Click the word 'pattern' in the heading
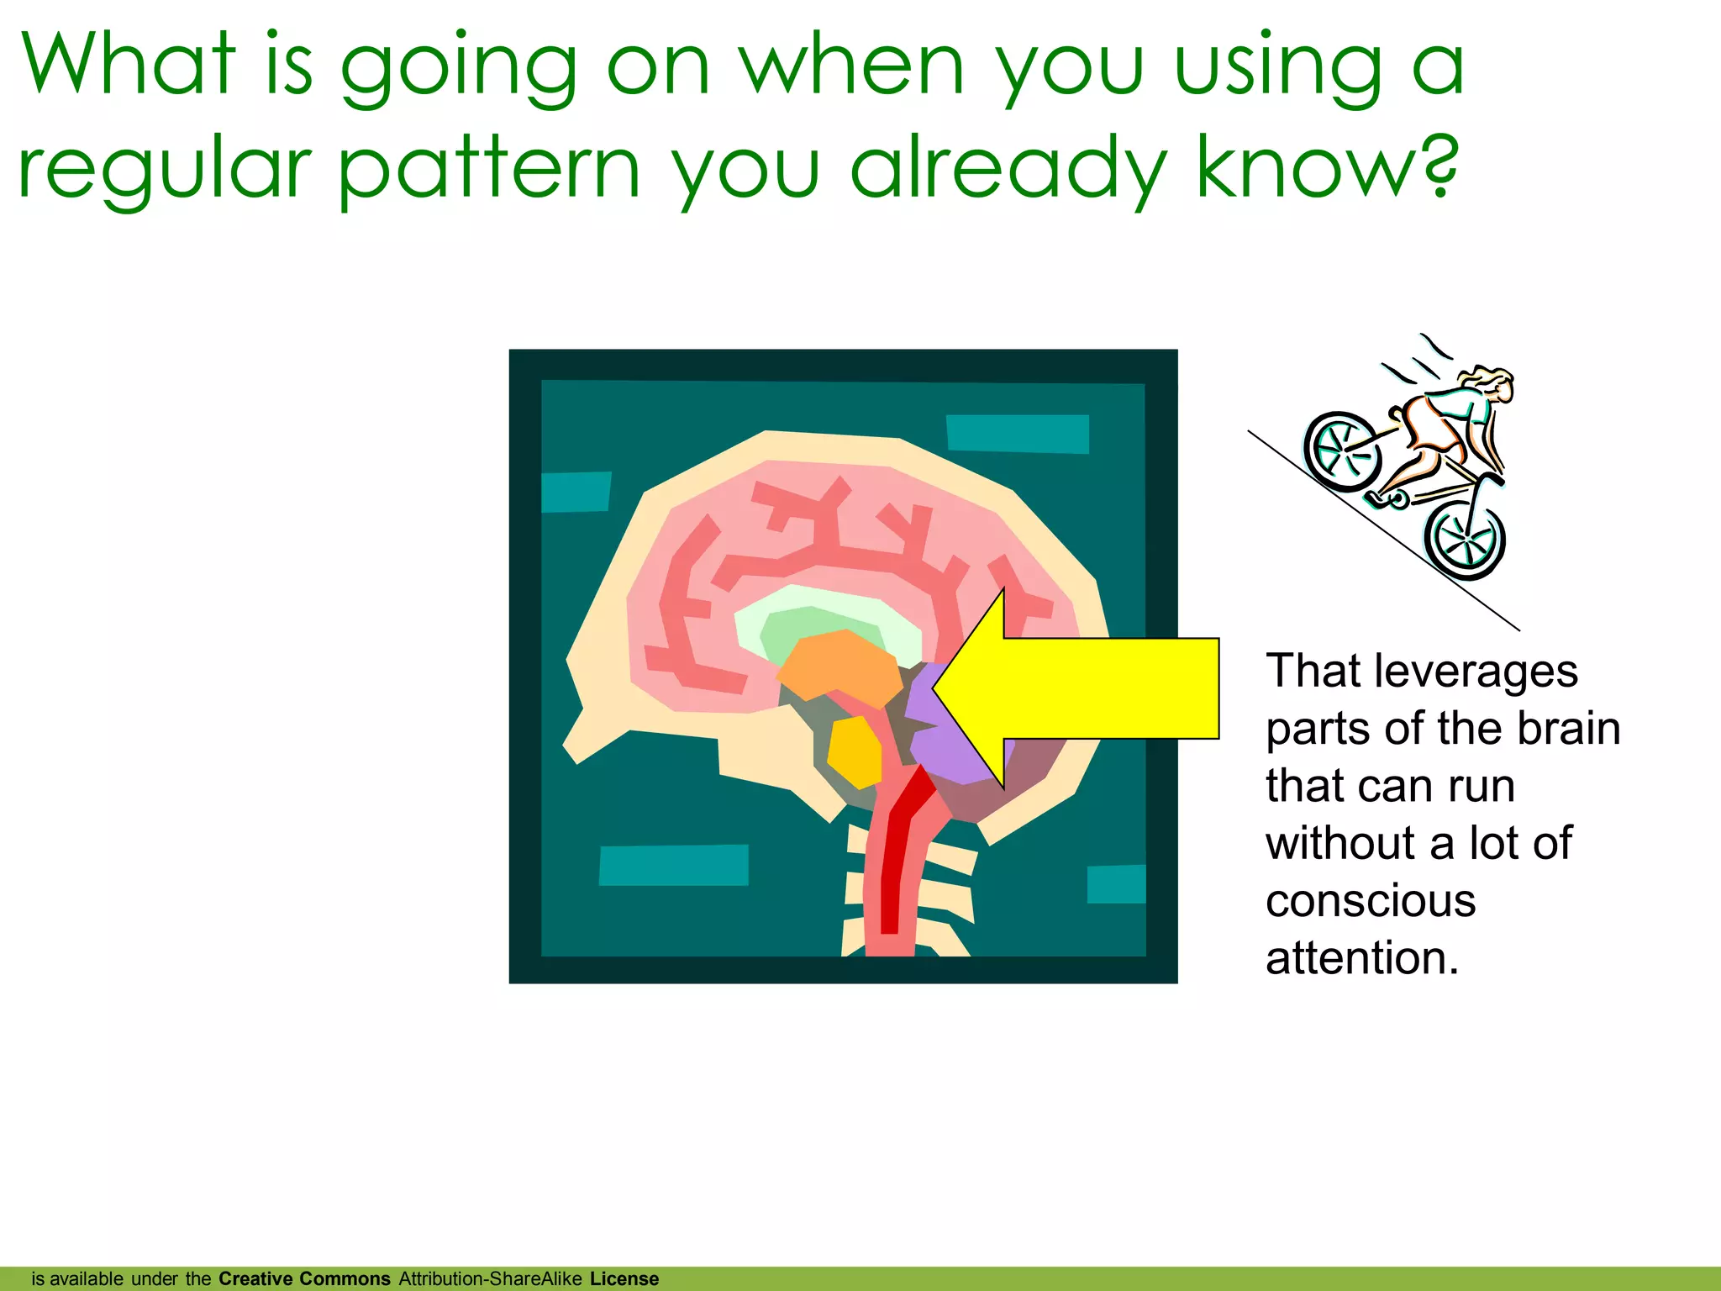pyautogui.click(x=490, y=168)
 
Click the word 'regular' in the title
pyautogui.click(x=165, y=168)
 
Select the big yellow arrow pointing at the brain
pyautogui.click(x=1092, y=688)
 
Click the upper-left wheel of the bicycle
pyautogui.click(x=1343, y=451)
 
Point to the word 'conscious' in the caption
pyautogui.click(x=1371, y=900)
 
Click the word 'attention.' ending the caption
pyautogui.click(x=1362, y=957)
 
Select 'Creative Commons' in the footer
pyautogui.click(x=304, y=1278)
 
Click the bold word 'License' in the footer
pyautogui.click(x=624, y=1278)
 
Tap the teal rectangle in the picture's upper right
pyautogui.click(x=1018, y=433)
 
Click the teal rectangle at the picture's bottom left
pyautogui.click(x=673, y=865)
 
